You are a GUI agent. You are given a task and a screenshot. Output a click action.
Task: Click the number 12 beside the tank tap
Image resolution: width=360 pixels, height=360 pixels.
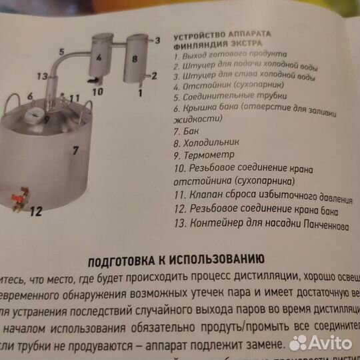[x=36, y=212]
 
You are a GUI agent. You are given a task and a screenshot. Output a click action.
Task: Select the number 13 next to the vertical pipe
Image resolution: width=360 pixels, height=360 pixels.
[x=42, y=76]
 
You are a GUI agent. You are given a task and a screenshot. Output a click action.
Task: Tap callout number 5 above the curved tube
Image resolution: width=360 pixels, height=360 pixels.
[x=61, y=51]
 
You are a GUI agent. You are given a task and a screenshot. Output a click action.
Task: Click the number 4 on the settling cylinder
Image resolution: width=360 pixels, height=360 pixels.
[x=98, y=57]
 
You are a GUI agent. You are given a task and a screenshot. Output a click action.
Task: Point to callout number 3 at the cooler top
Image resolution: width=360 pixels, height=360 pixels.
[x=157, y=40]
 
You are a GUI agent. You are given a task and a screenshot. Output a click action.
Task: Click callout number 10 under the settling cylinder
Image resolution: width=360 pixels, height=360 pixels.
[x=98, y=91]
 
